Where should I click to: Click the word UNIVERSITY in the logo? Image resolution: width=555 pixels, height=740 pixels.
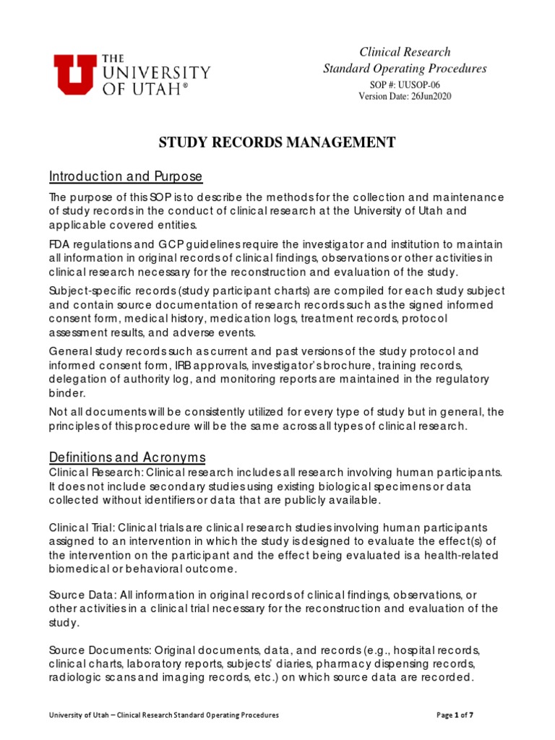click(x=156, y=73)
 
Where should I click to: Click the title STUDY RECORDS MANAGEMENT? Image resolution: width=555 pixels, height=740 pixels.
click(x=277, y=142)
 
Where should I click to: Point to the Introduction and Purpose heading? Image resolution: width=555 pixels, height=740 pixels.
click(x=126, y=177)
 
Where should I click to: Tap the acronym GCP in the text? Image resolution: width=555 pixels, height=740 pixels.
click(x=166, y=244)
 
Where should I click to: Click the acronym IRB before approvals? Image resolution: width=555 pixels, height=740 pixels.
click(x=182, y=365)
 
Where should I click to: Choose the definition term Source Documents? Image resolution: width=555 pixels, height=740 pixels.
click(x=96, y=649)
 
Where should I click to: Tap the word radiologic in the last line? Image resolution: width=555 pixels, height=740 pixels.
click(x=76, y=678)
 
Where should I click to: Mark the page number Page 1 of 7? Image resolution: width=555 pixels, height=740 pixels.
click(x=455, y=715)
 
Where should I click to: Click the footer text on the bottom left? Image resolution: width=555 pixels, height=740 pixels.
click(x=163, y=715)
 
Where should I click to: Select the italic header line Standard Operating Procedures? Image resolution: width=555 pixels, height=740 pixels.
click(x=405, y=69)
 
